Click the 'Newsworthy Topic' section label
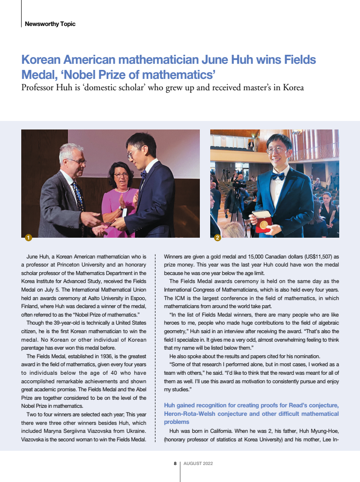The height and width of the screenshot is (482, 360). (x=50, y=24)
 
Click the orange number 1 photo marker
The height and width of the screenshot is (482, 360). (x=28, y=238)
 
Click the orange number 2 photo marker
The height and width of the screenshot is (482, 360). (x=217, y=238)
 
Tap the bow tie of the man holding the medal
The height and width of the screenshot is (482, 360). (x=278, y=176)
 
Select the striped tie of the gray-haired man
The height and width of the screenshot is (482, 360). (x=77, y=194)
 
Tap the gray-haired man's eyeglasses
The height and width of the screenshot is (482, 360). (x=77, y=162)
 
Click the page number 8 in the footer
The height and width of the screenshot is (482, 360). (x=175, y=464)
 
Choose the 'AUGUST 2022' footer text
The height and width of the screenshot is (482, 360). (x=198, y=464)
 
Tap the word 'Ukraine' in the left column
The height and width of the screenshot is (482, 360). (x=135, y=430)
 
